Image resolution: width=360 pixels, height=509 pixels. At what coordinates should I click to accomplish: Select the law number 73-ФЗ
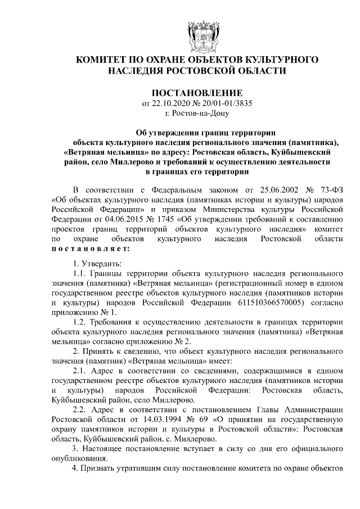[x=330, y=190]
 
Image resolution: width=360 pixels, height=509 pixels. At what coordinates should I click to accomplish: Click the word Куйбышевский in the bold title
[x=307, y=152]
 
